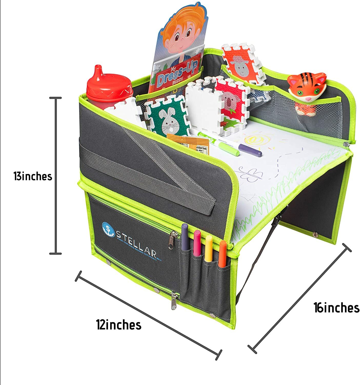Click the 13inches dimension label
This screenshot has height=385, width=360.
[33, 177]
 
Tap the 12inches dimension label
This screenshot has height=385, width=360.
[119, 325]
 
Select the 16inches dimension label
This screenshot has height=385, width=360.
[336, 307]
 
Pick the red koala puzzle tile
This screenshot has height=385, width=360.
[229, 100]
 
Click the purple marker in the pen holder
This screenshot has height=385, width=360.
[184, 237]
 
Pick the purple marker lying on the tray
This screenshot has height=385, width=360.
[250, 150]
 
